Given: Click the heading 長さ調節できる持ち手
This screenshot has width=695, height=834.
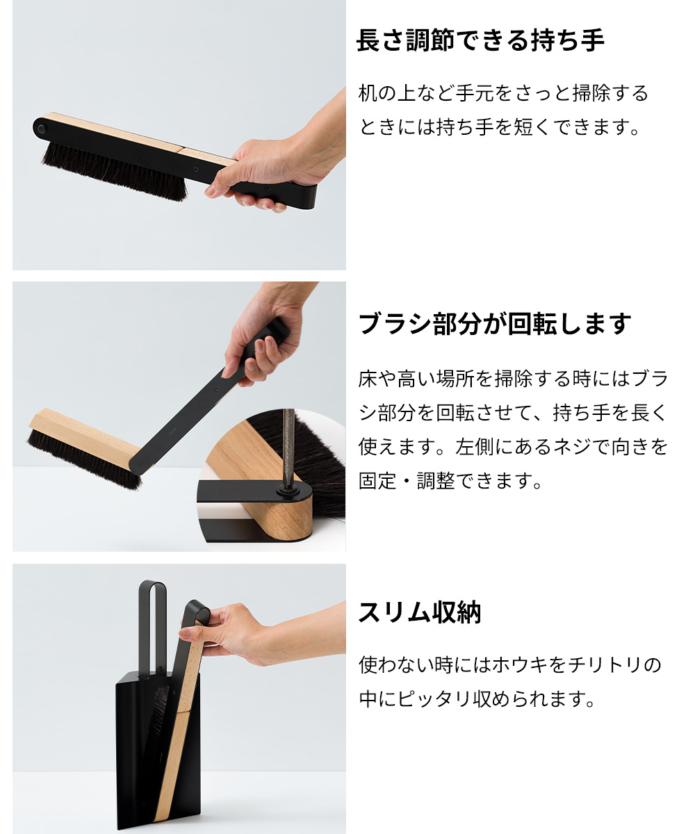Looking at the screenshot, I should point(480,41).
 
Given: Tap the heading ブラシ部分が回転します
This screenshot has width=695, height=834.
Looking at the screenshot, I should point(495,324).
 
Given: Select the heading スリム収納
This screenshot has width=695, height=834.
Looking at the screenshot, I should point(419,613).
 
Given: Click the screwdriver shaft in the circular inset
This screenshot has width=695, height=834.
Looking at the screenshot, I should point(288,445).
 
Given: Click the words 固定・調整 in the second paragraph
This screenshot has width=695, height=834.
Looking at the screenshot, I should point(402,481).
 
